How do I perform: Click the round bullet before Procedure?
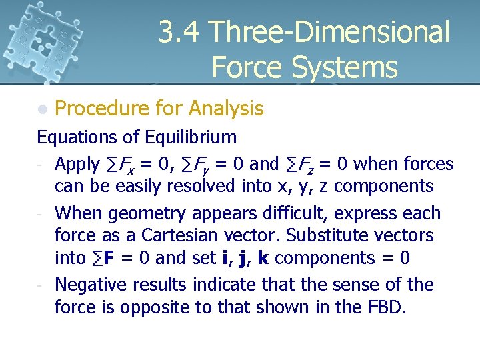[x=43, y=109]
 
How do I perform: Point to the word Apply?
[x=77, y=165]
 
